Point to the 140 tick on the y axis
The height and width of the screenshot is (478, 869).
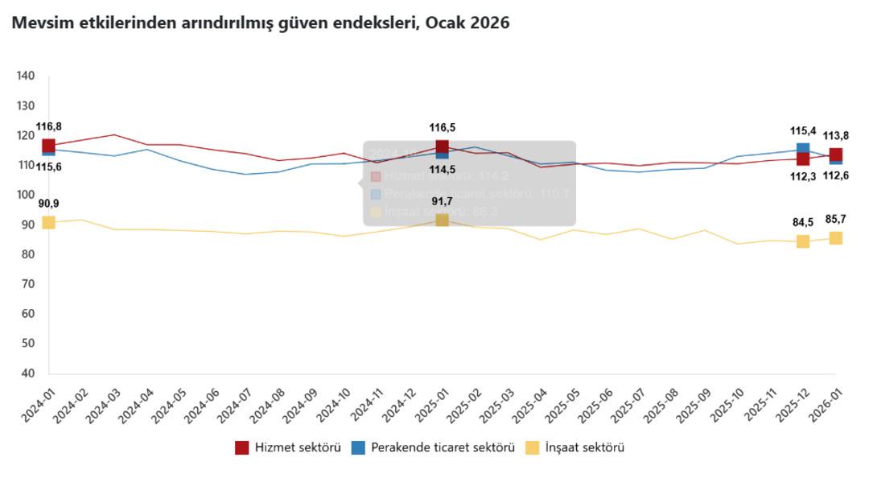point(25,76)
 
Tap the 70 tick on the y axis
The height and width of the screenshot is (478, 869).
point(27,284)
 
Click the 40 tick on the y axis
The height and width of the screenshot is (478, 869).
point(27,373)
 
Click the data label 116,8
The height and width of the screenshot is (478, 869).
point(48,126)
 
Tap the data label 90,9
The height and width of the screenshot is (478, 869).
point(48,204)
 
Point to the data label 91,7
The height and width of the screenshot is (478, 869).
point(442,201)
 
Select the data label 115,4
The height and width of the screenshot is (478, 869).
point(803,130)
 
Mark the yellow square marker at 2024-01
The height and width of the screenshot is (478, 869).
point(48,222)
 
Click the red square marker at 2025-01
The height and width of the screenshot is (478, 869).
point(442,147)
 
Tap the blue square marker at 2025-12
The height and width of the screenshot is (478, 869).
point(803,149)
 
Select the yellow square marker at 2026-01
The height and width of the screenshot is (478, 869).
point(836,237)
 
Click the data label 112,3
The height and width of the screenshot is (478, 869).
point(803,177)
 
